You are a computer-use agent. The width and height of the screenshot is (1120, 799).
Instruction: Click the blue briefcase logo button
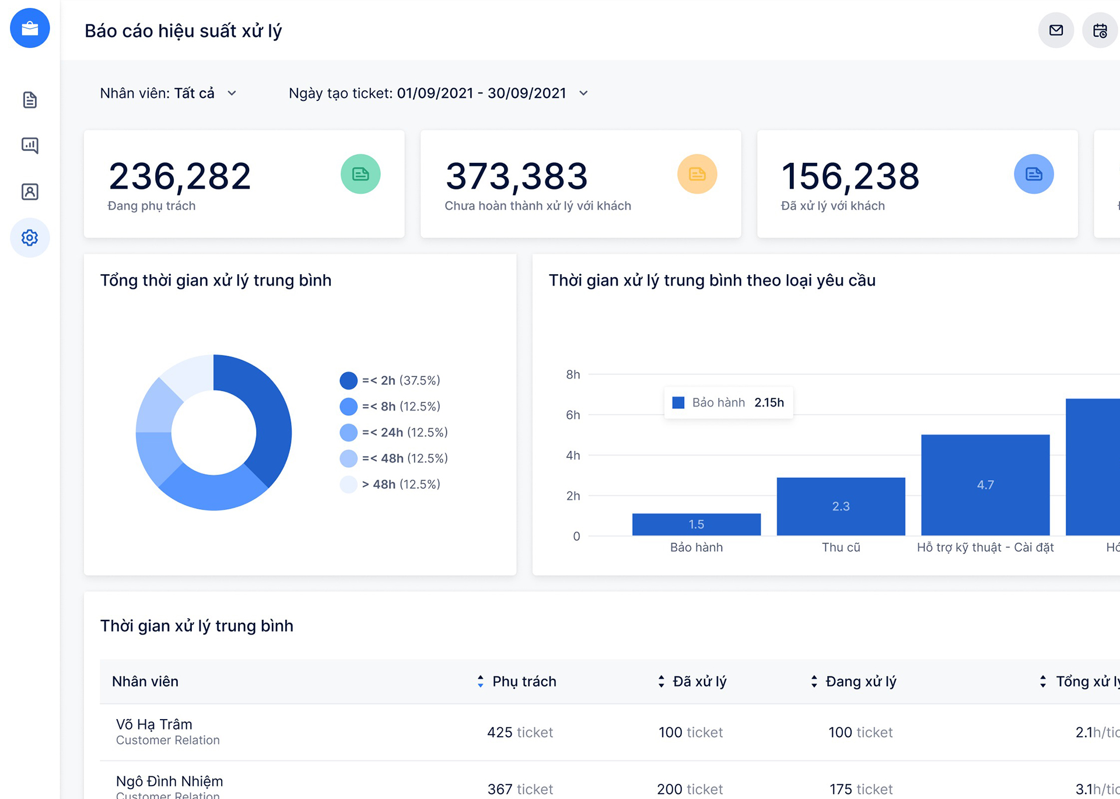[x=30, y=28]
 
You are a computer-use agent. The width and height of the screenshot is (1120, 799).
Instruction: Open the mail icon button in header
[x=1056, y=30]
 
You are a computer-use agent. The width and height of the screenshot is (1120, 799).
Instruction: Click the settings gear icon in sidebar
[x=30, y=237]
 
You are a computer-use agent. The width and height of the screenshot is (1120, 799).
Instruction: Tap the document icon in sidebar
[x=30, y=100]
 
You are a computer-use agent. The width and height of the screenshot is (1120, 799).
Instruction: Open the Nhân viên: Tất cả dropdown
[x=168, y=93]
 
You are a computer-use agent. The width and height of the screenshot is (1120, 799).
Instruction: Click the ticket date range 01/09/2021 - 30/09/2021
[x=481, y=93]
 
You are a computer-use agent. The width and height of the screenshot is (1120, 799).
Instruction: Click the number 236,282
[x=180, y=176]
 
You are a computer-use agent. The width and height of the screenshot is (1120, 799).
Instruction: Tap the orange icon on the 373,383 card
[x=696, y=174]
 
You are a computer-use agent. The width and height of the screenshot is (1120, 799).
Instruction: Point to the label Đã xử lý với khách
[x=832, y=206]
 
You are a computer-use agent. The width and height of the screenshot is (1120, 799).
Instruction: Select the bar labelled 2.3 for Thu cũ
[x=841, y=506]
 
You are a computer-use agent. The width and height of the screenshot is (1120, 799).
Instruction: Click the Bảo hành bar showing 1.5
[x=696, y=524]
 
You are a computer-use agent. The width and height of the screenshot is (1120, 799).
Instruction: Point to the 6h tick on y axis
[x=573, y=415]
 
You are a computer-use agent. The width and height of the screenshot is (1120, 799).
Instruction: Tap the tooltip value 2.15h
[x=769, y=402]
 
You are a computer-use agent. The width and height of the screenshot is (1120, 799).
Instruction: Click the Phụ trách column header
[x=523, y=681]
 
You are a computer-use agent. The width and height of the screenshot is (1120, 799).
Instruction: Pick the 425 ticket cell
[x=520, y=732]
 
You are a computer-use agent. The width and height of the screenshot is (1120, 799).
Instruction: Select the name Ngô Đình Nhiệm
[x=169, y=781]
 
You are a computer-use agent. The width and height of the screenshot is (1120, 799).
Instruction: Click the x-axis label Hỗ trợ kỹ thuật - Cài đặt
[x=985, y=547]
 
